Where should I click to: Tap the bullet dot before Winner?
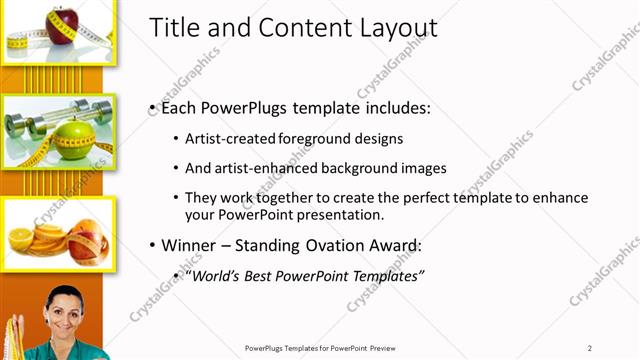(151, 245)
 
